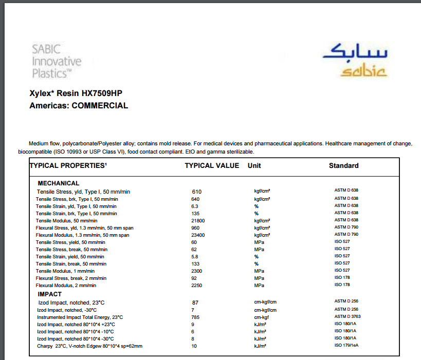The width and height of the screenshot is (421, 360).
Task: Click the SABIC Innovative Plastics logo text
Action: coord(57,62)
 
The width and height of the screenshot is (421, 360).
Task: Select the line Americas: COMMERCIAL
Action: coord(79,106)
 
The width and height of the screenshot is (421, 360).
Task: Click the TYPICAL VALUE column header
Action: coord(212,165)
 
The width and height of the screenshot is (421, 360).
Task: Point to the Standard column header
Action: coord(343,165)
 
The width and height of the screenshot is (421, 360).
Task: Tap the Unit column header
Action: coord(254,165)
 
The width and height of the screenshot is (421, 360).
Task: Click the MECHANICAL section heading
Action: coord(59,183)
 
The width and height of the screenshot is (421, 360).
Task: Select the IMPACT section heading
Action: coord(49,294)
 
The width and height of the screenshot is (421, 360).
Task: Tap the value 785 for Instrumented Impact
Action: coord(195,317)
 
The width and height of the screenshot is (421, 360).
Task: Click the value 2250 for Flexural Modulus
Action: coord(197,285)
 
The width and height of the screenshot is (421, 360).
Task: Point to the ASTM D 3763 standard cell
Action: coord(347,317)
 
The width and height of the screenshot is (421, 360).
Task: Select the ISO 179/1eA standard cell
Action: coord(347,346)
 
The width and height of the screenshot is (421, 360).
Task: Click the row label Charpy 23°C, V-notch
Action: coord(89,346)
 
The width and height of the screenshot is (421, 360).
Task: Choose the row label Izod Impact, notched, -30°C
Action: coord(66,310)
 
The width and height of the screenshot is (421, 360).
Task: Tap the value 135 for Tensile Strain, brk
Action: coord(195,213)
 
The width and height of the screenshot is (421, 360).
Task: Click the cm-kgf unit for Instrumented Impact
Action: coord(262,317)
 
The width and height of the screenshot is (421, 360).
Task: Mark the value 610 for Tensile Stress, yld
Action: coord(197,192)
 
